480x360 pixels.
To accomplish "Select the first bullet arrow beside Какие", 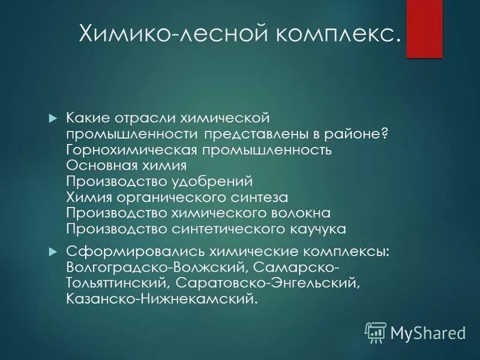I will pos(52,116).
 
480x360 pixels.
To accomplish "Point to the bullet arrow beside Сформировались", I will pos(52,250).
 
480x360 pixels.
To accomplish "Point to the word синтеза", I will pos(261,197).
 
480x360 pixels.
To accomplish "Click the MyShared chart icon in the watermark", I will pos(376,331).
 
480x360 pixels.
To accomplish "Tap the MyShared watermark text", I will pos(428,331).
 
